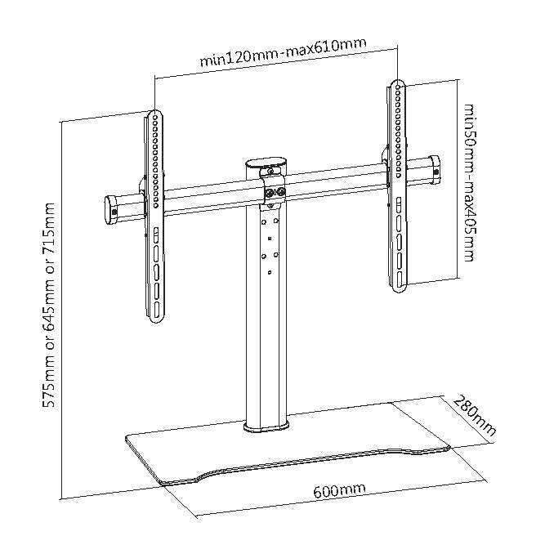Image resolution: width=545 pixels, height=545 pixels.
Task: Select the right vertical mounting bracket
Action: [x=396, y=188]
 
